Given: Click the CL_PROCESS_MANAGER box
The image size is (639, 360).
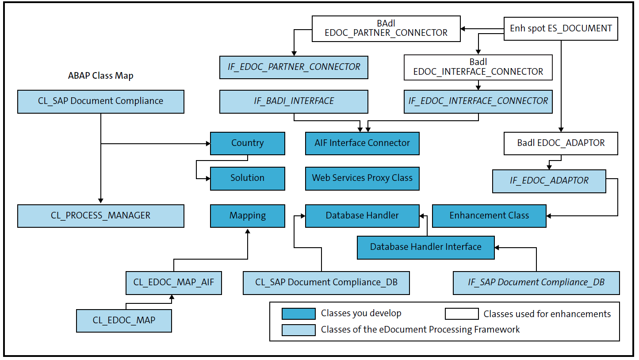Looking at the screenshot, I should tap(101, 216).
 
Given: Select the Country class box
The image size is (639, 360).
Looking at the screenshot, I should tap(247, 143).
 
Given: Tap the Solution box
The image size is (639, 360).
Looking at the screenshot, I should tap(247, 178).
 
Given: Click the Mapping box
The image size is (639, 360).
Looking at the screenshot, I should tap(247, 216).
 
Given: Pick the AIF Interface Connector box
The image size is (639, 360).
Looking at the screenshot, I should tap(362, 143).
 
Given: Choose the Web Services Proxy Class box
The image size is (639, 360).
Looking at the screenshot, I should tap(362, 178).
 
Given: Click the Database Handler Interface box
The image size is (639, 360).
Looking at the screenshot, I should tap(425, 247).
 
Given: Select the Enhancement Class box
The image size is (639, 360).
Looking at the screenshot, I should tap(489, 216).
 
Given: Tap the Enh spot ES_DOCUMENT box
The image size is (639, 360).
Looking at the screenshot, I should tap(561, 29).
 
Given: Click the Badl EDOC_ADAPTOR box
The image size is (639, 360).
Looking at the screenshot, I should tap(561, 143).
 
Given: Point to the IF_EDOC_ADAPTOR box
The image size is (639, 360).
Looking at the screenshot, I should tap(549, 181).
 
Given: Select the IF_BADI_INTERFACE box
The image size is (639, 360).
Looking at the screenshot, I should tap(294, 101).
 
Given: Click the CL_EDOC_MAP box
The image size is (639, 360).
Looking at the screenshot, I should tap(124, 321).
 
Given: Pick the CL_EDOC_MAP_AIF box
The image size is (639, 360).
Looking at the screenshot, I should tap(173, 283).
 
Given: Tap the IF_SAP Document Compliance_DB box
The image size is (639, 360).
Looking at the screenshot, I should tap(536, 283).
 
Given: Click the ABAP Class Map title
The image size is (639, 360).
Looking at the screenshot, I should tap(101, 76).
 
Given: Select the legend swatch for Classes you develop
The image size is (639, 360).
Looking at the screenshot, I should tap(298, 314).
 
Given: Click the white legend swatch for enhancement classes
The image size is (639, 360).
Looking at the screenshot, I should tap(462, 314).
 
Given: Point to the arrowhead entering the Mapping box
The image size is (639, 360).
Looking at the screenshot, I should tap(248, 230).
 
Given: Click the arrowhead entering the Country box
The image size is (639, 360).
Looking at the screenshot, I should tap(207, 143).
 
